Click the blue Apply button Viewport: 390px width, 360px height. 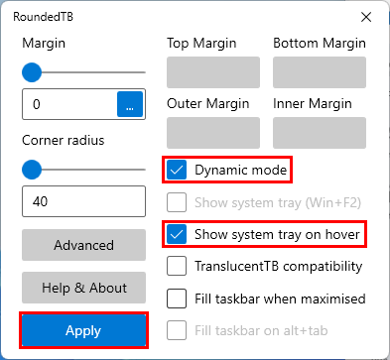point(83,330)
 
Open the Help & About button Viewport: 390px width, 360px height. point(83,288)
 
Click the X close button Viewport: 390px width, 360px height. point(366,17)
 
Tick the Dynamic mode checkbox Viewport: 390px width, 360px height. point(177,170)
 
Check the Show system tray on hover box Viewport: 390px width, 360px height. point(177,234)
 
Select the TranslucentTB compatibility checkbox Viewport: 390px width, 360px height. point(177,266)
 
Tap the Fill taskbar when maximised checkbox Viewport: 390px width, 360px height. point(177,299)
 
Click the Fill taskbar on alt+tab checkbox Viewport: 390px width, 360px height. point(177,330)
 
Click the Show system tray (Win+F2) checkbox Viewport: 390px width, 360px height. point(177,202)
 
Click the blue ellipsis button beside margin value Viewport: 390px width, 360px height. point(130,104)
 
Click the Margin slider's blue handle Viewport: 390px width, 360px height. point(32,72)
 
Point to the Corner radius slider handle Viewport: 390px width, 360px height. point(32,170)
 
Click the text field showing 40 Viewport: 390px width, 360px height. point(83,201)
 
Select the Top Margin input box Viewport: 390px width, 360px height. point(213,72)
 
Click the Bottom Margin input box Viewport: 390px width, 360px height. point(320,72)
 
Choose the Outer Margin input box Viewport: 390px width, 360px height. point(213,133)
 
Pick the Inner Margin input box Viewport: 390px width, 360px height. point(320,133)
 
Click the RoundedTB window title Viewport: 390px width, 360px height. point(44,17)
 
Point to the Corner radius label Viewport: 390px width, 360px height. point(64,140)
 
